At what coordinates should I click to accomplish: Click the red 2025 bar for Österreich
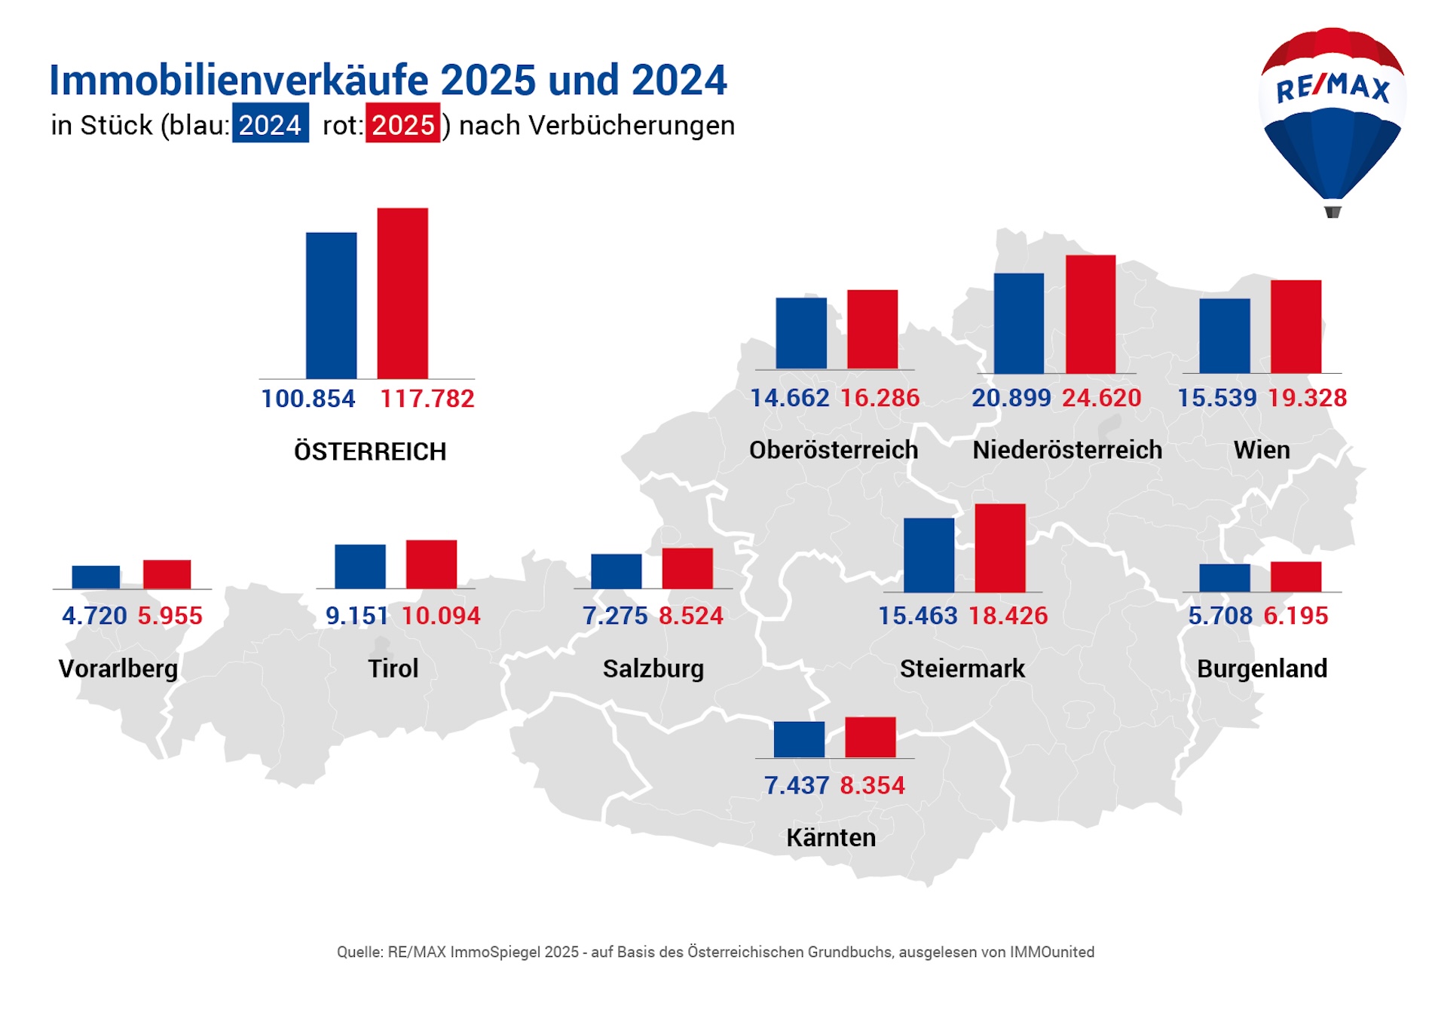pos(402,293)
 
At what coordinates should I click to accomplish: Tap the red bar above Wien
pos(1296,326)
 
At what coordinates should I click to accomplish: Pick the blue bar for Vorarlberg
pos(96,576)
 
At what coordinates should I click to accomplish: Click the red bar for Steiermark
pos(999,548)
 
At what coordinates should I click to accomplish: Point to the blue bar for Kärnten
pos(799,739)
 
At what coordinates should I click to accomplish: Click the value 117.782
pos(427,399)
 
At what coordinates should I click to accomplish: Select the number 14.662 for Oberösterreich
pos(789,398)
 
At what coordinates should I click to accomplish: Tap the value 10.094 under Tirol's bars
pos(440,616)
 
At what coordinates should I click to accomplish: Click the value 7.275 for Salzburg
pos(614,616)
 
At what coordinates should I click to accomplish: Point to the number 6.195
pos(1295,616)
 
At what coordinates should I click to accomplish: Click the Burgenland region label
pos(1262,668)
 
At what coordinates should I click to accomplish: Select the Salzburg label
pos(653,668)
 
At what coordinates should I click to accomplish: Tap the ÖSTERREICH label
pos(369,451)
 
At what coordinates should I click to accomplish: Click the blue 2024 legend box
pos(270,124)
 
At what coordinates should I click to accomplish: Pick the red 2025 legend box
pos(402,124)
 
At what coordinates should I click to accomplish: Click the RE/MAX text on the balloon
pos(1332,88)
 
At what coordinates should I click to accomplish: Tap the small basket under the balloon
pos(1332,212)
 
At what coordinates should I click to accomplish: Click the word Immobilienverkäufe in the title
pos(239,80)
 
